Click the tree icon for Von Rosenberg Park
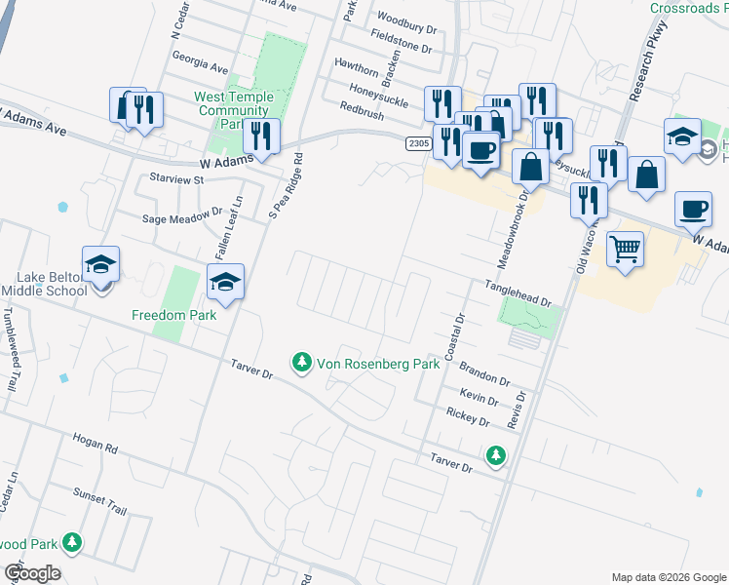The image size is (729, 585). pyautogui.click(x=302, y=364)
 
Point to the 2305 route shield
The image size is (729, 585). pyautogui.click(x=418, y=143)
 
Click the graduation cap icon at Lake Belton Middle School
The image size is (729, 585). pyautogui.click(x=101, y=263)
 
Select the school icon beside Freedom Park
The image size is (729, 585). pyautogui.click(x=226, y=282)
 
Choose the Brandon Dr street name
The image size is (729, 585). pyautogui.click(x=484, y=375)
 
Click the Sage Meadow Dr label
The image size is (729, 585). pyautogui.click(x=183, y=220)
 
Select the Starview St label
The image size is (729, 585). pyautogui.click(x=171, y=179)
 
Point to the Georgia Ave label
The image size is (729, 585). pyautogui.click(x=199, y=63)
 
